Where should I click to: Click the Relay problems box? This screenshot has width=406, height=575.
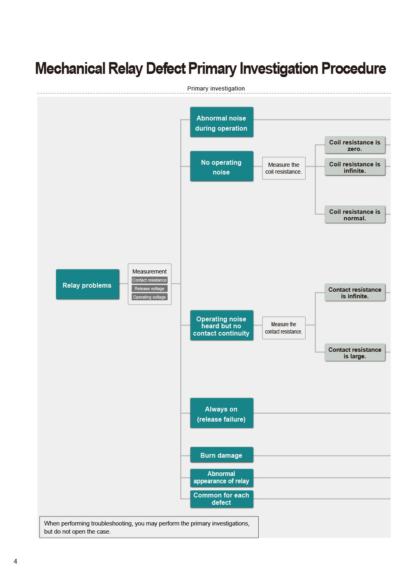click(88, 284)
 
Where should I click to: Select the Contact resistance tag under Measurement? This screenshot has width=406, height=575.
click(149, 280)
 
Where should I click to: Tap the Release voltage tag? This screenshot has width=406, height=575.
click(149, 289)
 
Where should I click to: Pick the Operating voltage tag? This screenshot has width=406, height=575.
click(149, 297)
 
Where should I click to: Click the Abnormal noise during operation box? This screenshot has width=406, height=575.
click(222, 122)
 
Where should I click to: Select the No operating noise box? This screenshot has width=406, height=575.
click(222, 166)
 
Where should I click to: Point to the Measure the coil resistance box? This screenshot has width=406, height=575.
click(284, 168)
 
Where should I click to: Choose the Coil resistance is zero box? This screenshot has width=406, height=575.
click(355, 145)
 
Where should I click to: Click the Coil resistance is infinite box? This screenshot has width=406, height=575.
click(355, 167)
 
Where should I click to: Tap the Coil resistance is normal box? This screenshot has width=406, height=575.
click(355, 214)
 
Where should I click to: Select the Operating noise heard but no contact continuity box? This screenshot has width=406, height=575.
click(222, 325)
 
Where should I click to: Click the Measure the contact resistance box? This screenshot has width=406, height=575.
click(284, 328)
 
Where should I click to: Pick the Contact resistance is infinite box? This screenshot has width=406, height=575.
click(355, 293)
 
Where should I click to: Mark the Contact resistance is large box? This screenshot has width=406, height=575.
click(355, 353)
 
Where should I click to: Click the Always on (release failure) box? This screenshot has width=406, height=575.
click(222, 413)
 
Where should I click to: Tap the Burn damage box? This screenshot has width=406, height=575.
click(222, 455)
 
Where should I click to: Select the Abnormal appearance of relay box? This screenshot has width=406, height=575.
click(222, 478)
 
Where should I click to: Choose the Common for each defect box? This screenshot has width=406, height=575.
click(222, 499)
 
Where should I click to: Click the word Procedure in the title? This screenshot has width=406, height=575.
click(354, 69)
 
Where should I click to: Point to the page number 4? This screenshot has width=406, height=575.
click(15, 561)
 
